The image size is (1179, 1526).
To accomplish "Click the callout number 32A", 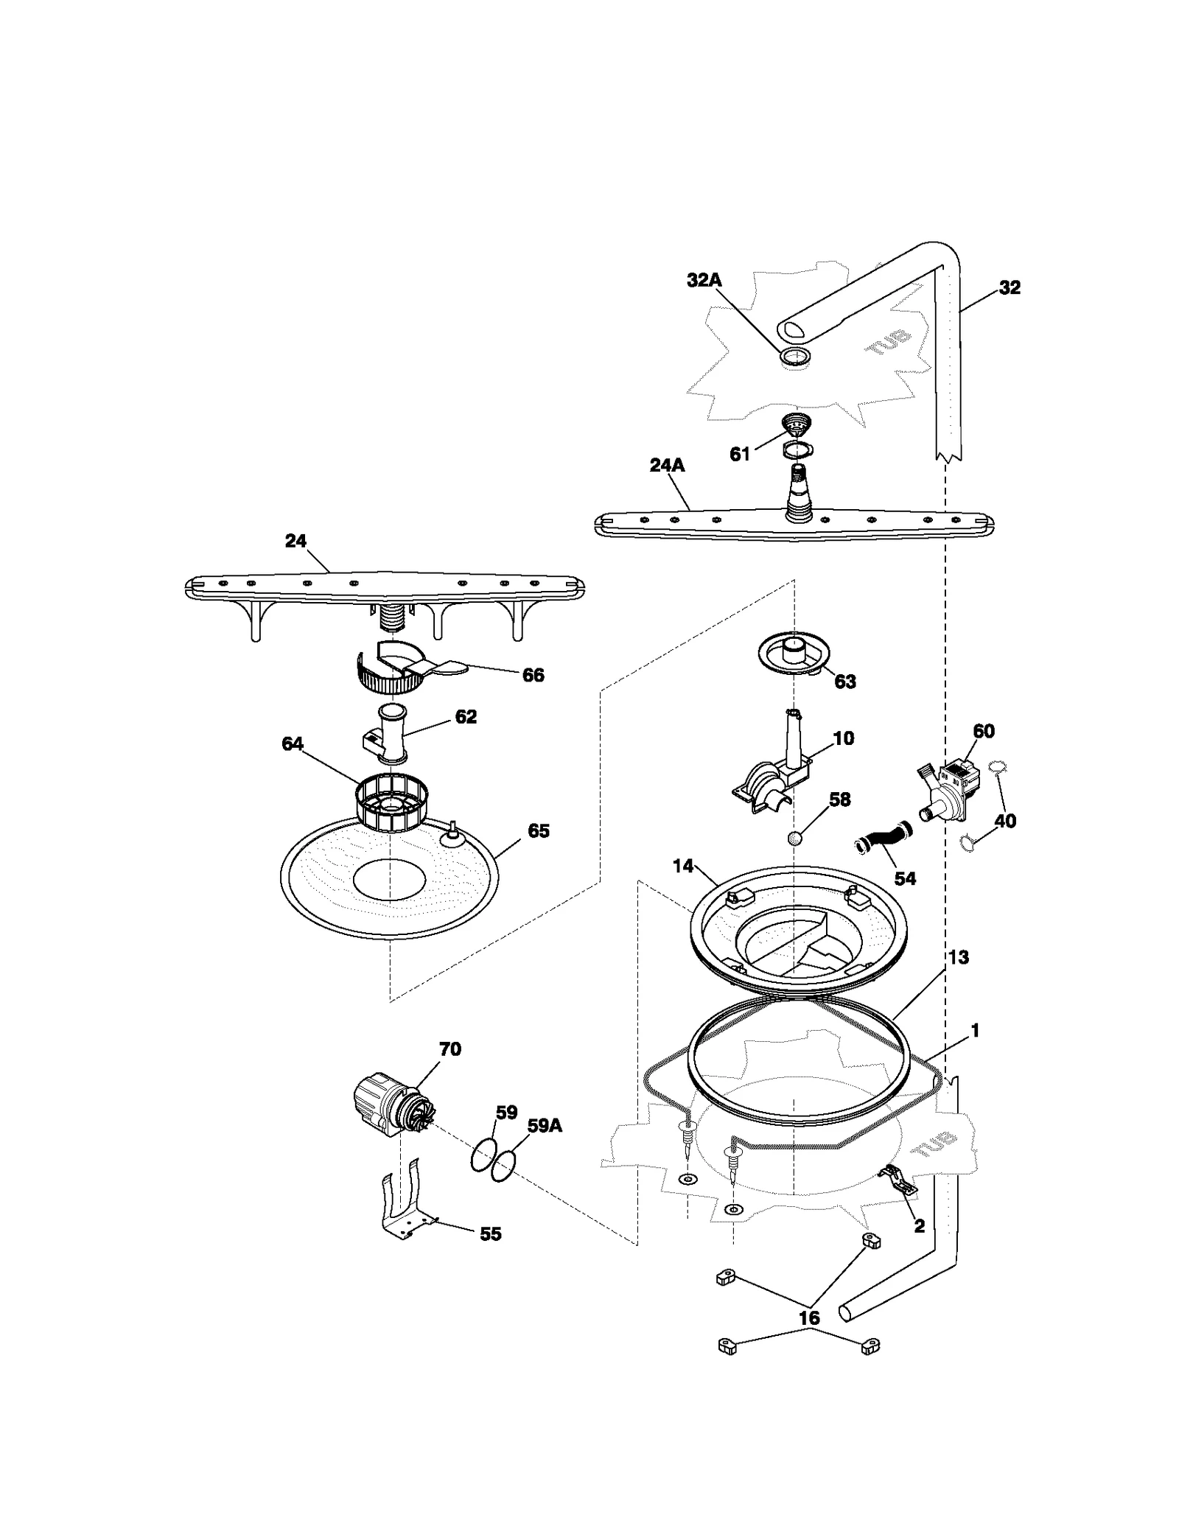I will click(x=704, y=280).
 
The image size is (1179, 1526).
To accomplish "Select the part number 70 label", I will click(x=449, y=1049).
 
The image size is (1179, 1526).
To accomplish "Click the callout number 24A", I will click(x=667, y=465).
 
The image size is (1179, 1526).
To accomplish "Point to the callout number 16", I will click(x=808, y=1318).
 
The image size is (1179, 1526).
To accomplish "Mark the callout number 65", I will click(x=539, y=831).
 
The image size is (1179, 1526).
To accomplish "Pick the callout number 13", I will click(x=958, y=957).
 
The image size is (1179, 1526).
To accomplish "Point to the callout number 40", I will click(x=1005, y=821).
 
